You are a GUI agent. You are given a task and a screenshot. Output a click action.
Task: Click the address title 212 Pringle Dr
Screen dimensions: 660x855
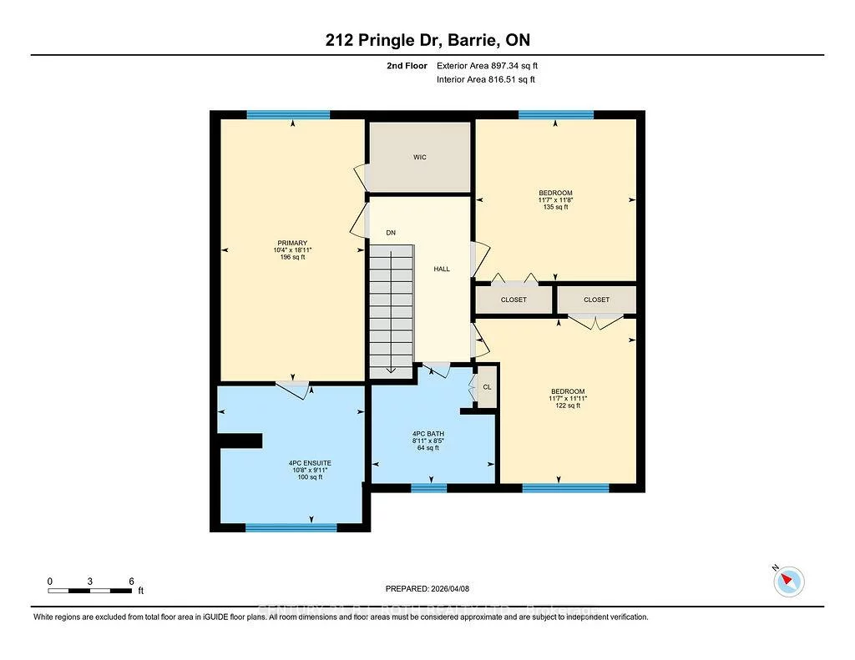pyautogui.click(x=427, y=40)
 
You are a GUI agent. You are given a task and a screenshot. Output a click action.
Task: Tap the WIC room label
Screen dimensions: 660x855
pyautogui.click(x=420, y=157)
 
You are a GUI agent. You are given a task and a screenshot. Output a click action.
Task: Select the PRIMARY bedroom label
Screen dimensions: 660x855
pyautogui.click(x=292, y=244)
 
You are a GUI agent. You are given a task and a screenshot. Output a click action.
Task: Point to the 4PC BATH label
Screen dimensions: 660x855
pyautogui.click(x=427, y=434)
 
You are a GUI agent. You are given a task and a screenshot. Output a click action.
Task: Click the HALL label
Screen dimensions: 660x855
pyautogui.click(x=442, y=269)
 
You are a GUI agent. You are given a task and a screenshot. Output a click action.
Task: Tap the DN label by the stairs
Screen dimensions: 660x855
pyautogui.click(x=390, y=232)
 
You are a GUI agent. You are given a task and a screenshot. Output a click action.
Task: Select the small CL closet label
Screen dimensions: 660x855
pyautogui.click(x=487, y=387)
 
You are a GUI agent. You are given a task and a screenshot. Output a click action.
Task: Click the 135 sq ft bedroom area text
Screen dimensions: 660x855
pyautogui.click(x=554, y=207)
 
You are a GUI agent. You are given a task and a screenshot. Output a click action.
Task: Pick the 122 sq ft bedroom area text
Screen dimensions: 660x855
pyautogui.click(x=567, y=406)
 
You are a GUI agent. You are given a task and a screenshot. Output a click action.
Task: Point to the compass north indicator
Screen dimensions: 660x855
pyautogui.click(x=788, y=581)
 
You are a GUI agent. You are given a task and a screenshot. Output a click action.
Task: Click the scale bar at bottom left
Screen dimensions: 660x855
pyautogui.click(x=90, y=591)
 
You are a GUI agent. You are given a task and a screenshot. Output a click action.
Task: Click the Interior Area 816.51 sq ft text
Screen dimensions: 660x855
pyautogui.click(x=485, y=79)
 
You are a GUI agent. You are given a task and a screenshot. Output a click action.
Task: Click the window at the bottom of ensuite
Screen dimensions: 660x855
pyautogui.click(x=291, y=527)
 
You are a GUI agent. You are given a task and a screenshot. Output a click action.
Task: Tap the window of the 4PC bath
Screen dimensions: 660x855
pyautogui.click(x=428, y=487)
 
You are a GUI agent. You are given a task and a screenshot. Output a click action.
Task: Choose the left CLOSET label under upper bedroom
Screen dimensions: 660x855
pyautogui.click(x=514, y=300)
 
